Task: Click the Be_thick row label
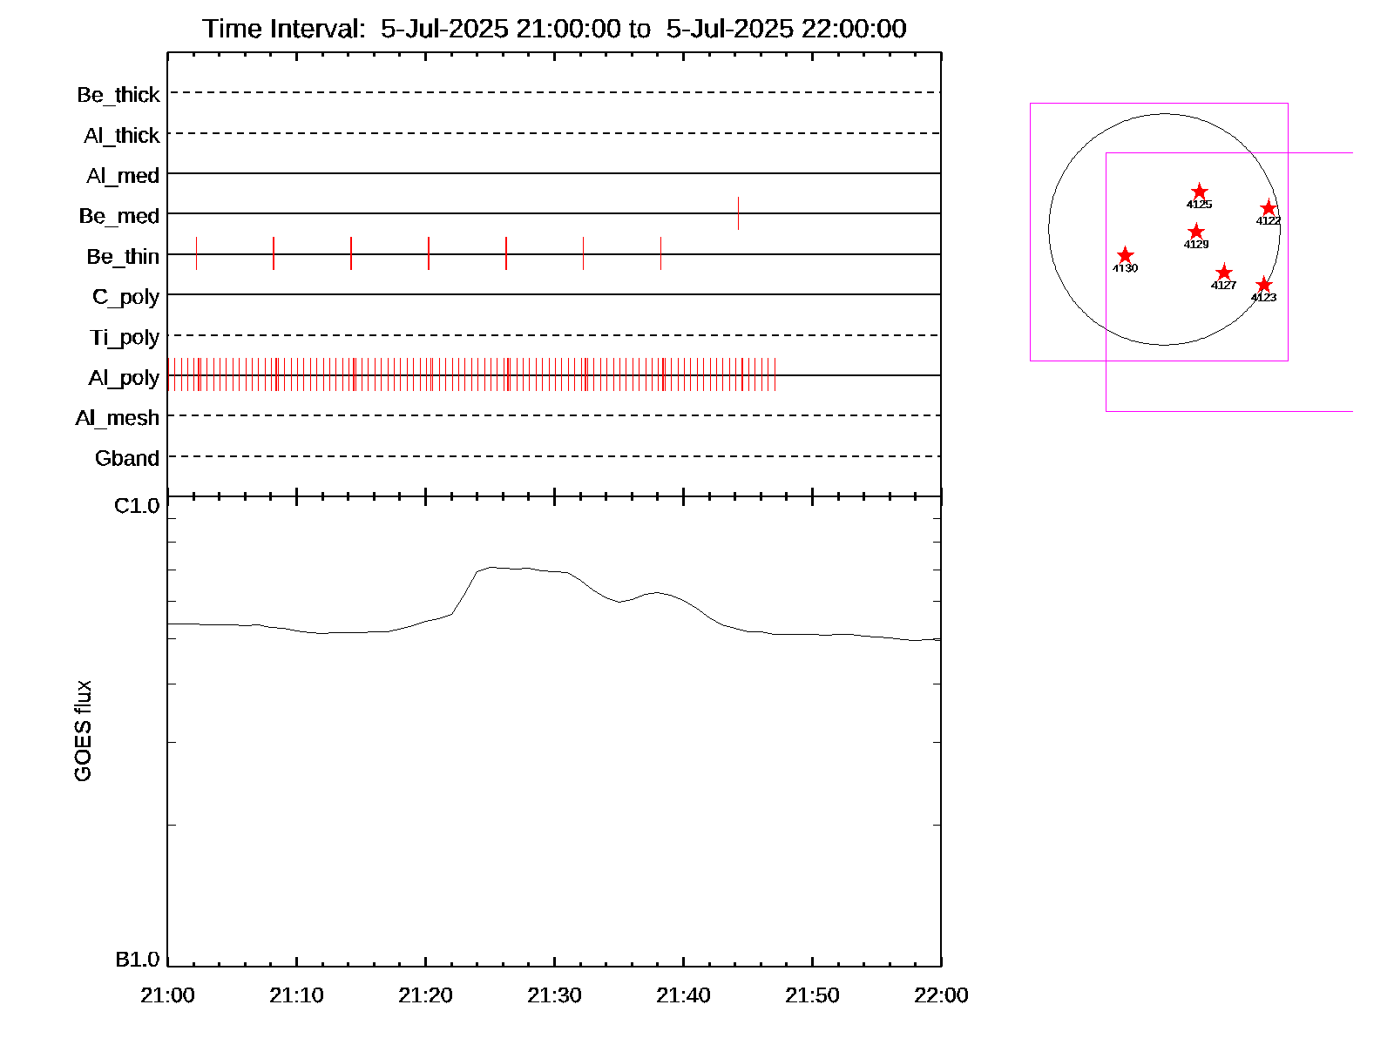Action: coord(118,94)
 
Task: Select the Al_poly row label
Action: coord(124,378)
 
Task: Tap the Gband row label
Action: coord(127,458)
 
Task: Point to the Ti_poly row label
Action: coord(125,337)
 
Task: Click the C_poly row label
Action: coord(126,297)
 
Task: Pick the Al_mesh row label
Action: coord(118,418)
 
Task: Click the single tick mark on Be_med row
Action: coord(738,213)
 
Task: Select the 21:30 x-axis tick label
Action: coord(554,995)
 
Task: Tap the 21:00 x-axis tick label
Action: coord(167,995)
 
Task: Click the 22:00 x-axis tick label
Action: coord(941,995)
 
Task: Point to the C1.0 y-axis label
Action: coord(137,506)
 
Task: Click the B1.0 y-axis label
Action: coord(137,960)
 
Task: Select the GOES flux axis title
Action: coord(83,731)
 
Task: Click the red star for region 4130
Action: coord(1125,255)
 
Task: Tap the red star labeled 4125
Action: coord(1200,192)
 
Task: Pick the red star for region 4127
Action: coord(1224,273)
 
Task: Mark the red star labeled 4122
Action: coord(1269,208)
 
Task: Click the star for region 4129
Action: coord(1196,232)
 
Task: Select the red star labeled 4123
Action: coord(1264,285)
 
